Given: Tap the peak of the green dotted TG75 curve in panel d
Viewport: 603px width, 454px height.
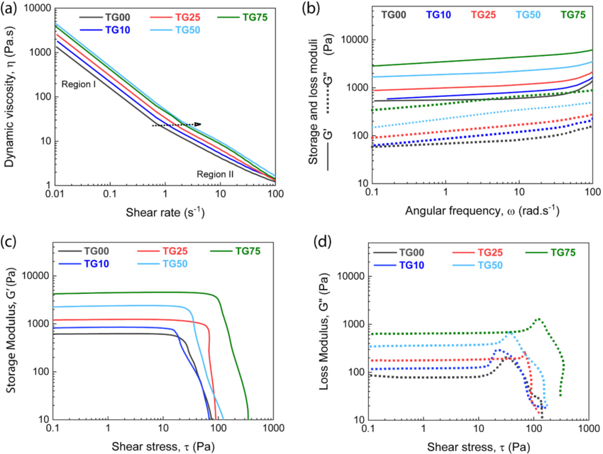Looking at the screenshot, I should (538, 319).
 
